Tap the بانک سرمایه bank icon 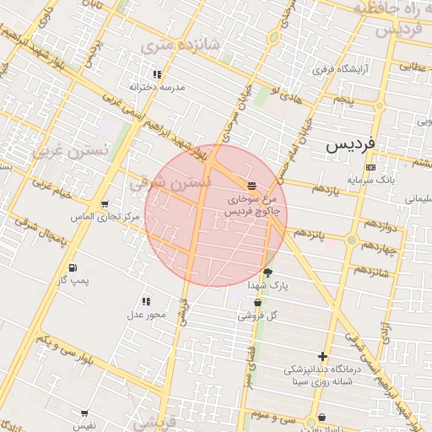[371, 167]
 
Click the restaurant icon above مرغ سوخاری [251, 186]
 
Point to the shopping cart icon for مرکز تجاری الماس [104, 205]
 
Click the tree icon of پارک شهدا [268, 273]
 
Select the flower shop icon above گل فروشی [257, 303]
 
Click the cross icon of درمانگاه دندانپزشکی [322, 357]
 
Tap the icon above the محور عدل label [146, 301]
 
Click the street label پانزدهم [309, 232]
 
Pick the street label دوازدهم [377, 227]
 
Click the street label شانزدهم [371, 272]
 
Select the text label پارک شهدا [267, 286]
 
